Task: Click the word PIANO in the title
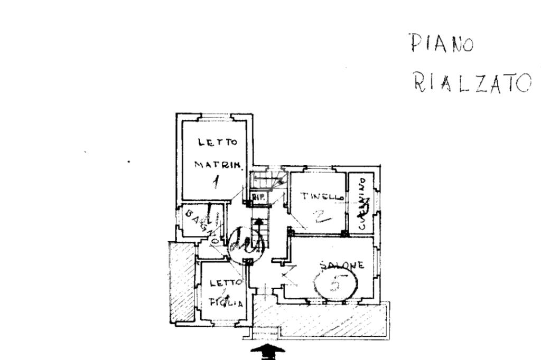(x=442, y=43)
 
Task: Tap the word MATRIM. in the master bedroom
(x=218, y=164)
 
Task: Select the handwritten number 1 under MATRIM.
(x=216, y=182)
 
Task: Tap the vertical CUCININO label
(x=362, y=203)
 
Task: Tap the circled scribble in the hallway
(x=246, y=244)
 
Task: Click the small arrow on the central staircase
(x=258, y=222)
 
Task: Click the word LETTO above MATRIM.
(x=218, y=142)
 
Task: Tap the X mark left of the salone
(x=286, y=274)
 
